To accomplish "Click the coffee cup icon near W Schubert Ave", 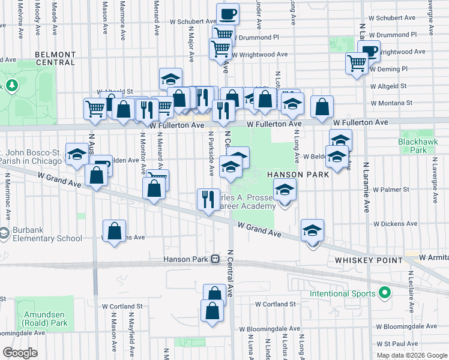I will pos(228,13).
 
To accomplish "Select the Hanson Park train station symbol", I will pos(215,260).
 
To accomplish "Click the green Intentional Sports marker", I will pos(384,293).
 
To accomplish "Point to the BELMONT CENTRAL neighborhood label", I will pos(55,58).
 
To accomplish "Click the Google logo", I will pos(20,352).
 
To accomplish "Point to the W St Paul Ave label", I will pos(396,344).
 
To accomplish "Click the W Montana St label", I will pos(391,103).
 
